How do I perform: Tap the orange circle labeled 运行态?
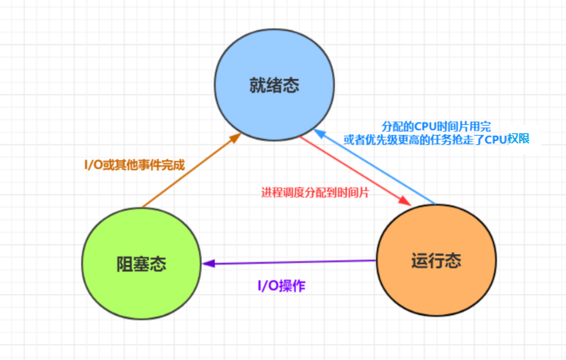pyautogui.click(x=435, y=260)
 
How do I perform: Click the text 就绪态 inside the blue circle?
pyautogui.click(x=273, y=85)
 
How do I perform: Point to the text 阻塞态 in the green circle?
pyautogui.click(x=142, y=264)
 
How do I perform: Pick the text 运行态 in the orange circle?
pyautogui.click(x=435, y=260)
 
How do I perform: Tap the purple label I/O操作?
pyautogui.click(x=281, y=285)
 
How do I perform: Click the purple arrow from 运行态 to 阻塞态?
pyautogui.click(x=292, y=262)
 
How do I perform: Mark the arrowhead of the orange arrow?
pyautogui.click(x=238, y=137)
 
